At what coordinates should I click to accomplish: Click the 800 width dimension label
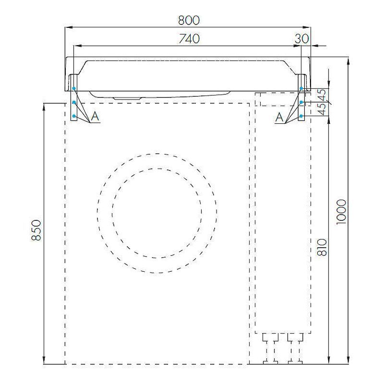189,20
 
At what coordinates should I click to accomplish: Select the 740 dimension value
189,39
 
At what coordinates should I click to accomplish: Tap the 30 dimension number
302,39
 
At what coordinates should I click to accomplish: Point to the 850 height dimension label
36,230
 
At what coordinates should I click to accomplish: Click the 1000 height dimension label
341,212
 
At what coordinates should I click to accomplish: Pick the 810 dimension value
322,248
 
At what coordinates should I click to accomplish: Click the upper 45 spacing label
323,95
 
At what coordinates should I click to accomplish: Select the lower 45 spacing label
323,109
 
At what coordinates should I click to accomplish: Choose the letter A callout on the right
279,117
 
